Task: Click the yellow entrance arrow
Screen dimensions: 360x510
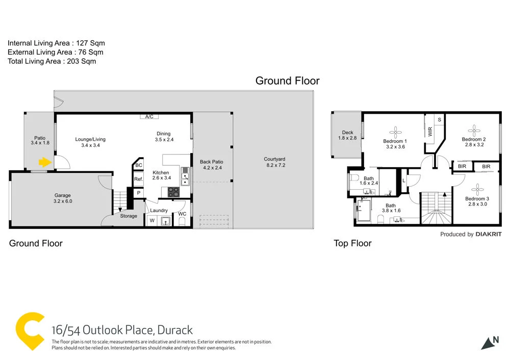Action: click(x=45, y=163)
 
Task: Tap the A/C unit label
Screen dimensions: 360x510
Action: click(x=149, y=117)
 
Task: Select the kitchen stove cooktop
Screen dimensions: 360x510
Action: click(x=173, y=192)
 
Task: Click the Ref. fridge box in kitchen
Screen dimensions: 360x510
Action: click(x=138, y=179)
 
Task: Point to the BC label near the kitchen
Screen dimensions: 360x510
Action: click(x=138, y=165)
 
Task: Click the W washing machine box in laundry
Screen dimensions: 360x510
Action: click(x=151, y=221)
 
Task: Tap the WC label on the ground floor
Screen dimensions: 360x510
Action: click(x=182, y=214)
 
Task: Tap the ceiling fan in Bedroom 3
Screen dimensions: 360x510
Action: click(x=477, y=187)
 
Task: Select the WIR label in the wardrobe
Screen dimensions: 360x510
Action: click(x=430, y=132)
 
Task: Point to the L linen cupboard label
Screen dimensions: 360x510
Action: click(x=404, y=181)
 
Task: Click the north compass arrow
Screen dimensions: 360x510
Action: click(x=490, y=342)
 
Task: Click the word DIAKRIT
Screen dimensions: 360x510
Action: click(x=488, y=235)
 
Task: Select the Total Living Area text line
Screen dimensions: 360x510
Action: click(x=52, y=61)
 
